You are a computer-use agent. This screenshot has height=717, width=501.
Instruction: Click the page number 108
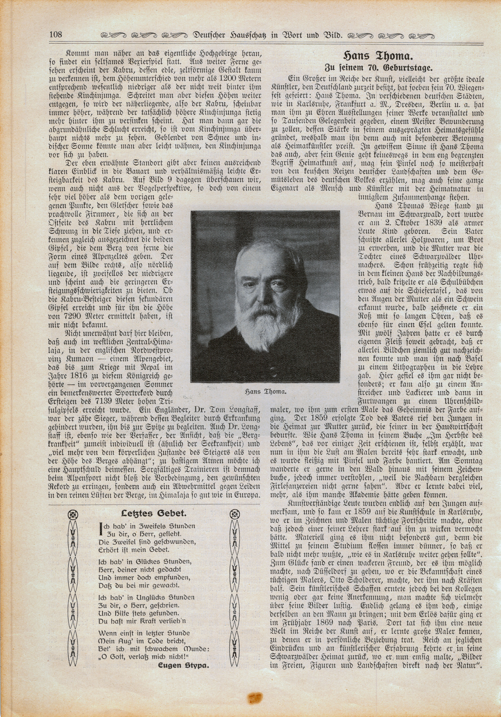coord(56,34)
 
